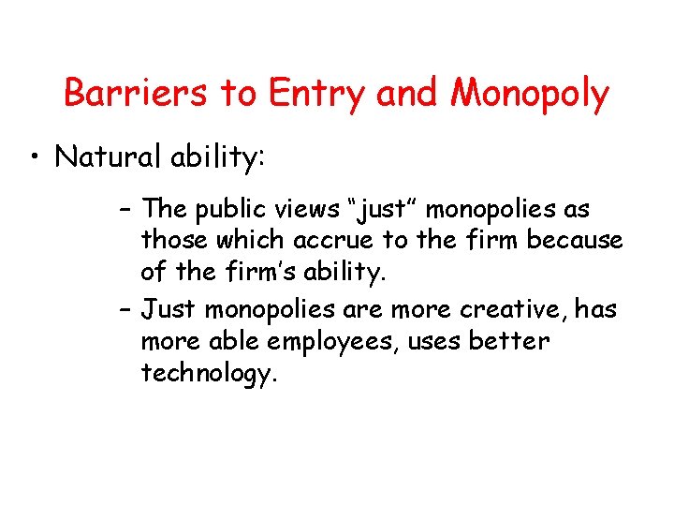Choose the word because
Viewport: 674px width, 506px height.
coord(575,241)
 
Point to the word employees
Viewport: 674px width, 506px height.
coord(318,342)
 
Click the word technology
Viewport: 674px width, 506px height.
coord(209,374)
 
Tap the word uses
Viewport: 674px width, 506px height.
coord(432,341)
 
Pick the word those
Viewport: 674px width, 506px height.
coord(175,241)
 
